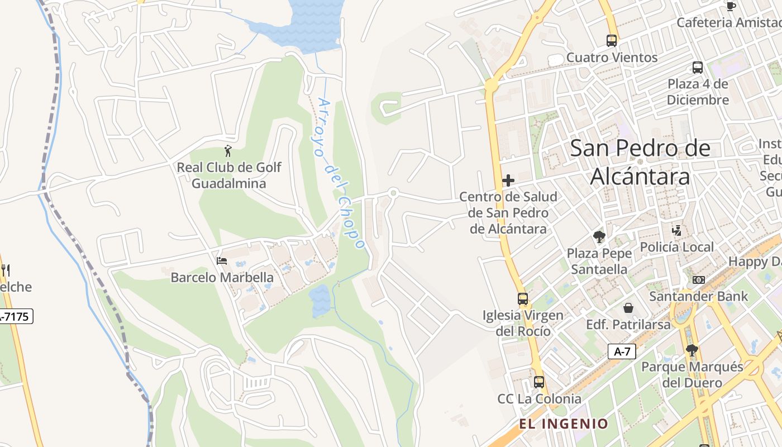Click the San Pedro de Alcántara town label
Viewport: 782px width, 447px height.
coord(640,162)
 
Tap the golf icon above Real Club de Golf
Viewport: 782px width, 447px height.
coord(228,151)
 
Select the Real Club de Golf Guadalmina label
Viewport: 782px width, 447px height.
coord(229,175)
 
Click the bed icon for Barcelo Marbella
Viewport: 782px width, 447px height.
coord(222,261)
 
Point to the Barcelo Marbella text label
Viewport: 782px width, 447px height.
coord(222,278)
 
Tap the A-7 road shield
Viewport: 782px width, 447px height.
coord(622,351)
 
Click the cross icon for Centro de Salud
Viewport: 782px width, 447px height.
coord(508,180)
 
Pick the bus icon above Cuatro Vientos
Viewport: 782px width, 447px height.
coord(612,41)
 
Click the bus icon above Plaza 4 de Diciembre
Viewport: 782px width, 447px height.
coord(698,68)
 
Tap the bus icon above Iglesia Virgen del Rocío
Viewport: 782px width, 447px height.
coord(523,298)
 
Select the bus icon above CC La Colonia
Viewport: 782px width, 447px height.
coord(539,382)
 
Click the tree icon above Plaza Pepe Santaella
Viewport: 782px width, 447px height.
coord(599,237)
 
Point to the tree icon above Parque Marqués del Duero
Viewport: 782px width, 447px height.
coord(692,350)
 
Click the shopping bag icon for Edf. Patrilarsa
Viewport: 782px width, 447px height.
coord(628,308)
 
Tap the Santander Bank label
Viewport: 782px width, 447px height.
coord(698,296)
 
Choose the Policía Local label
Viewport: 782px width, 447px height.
coord(677,247)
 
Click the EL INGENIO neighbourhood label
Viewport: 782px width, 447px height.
coord(564,424)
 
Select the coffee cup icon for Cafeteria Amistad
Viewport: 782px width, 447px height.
coord(731,6)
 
